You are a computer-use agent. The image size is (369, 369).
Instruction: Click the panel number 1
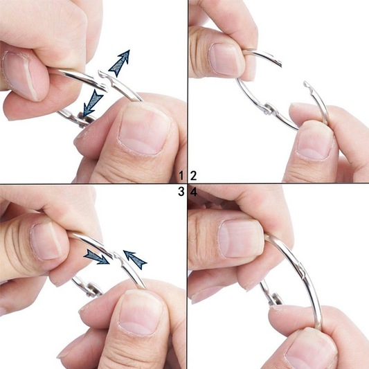[181, 175]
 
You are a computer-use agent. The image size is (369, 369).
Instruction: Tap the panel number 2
[194, 175]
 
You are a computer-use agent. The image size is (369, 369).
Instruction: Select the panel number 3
[181, 192]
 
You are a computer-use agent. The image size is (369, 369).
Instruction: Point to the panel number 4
[194, 192]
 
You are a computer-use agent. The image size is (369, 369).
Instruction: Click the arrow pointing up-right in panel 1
[120, 63]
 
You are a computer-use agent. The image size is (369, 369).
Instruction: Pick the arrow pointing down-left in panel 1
[91, 104]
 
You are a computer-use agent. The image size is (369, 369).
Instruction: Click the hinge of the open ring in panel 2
[266, 109]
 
